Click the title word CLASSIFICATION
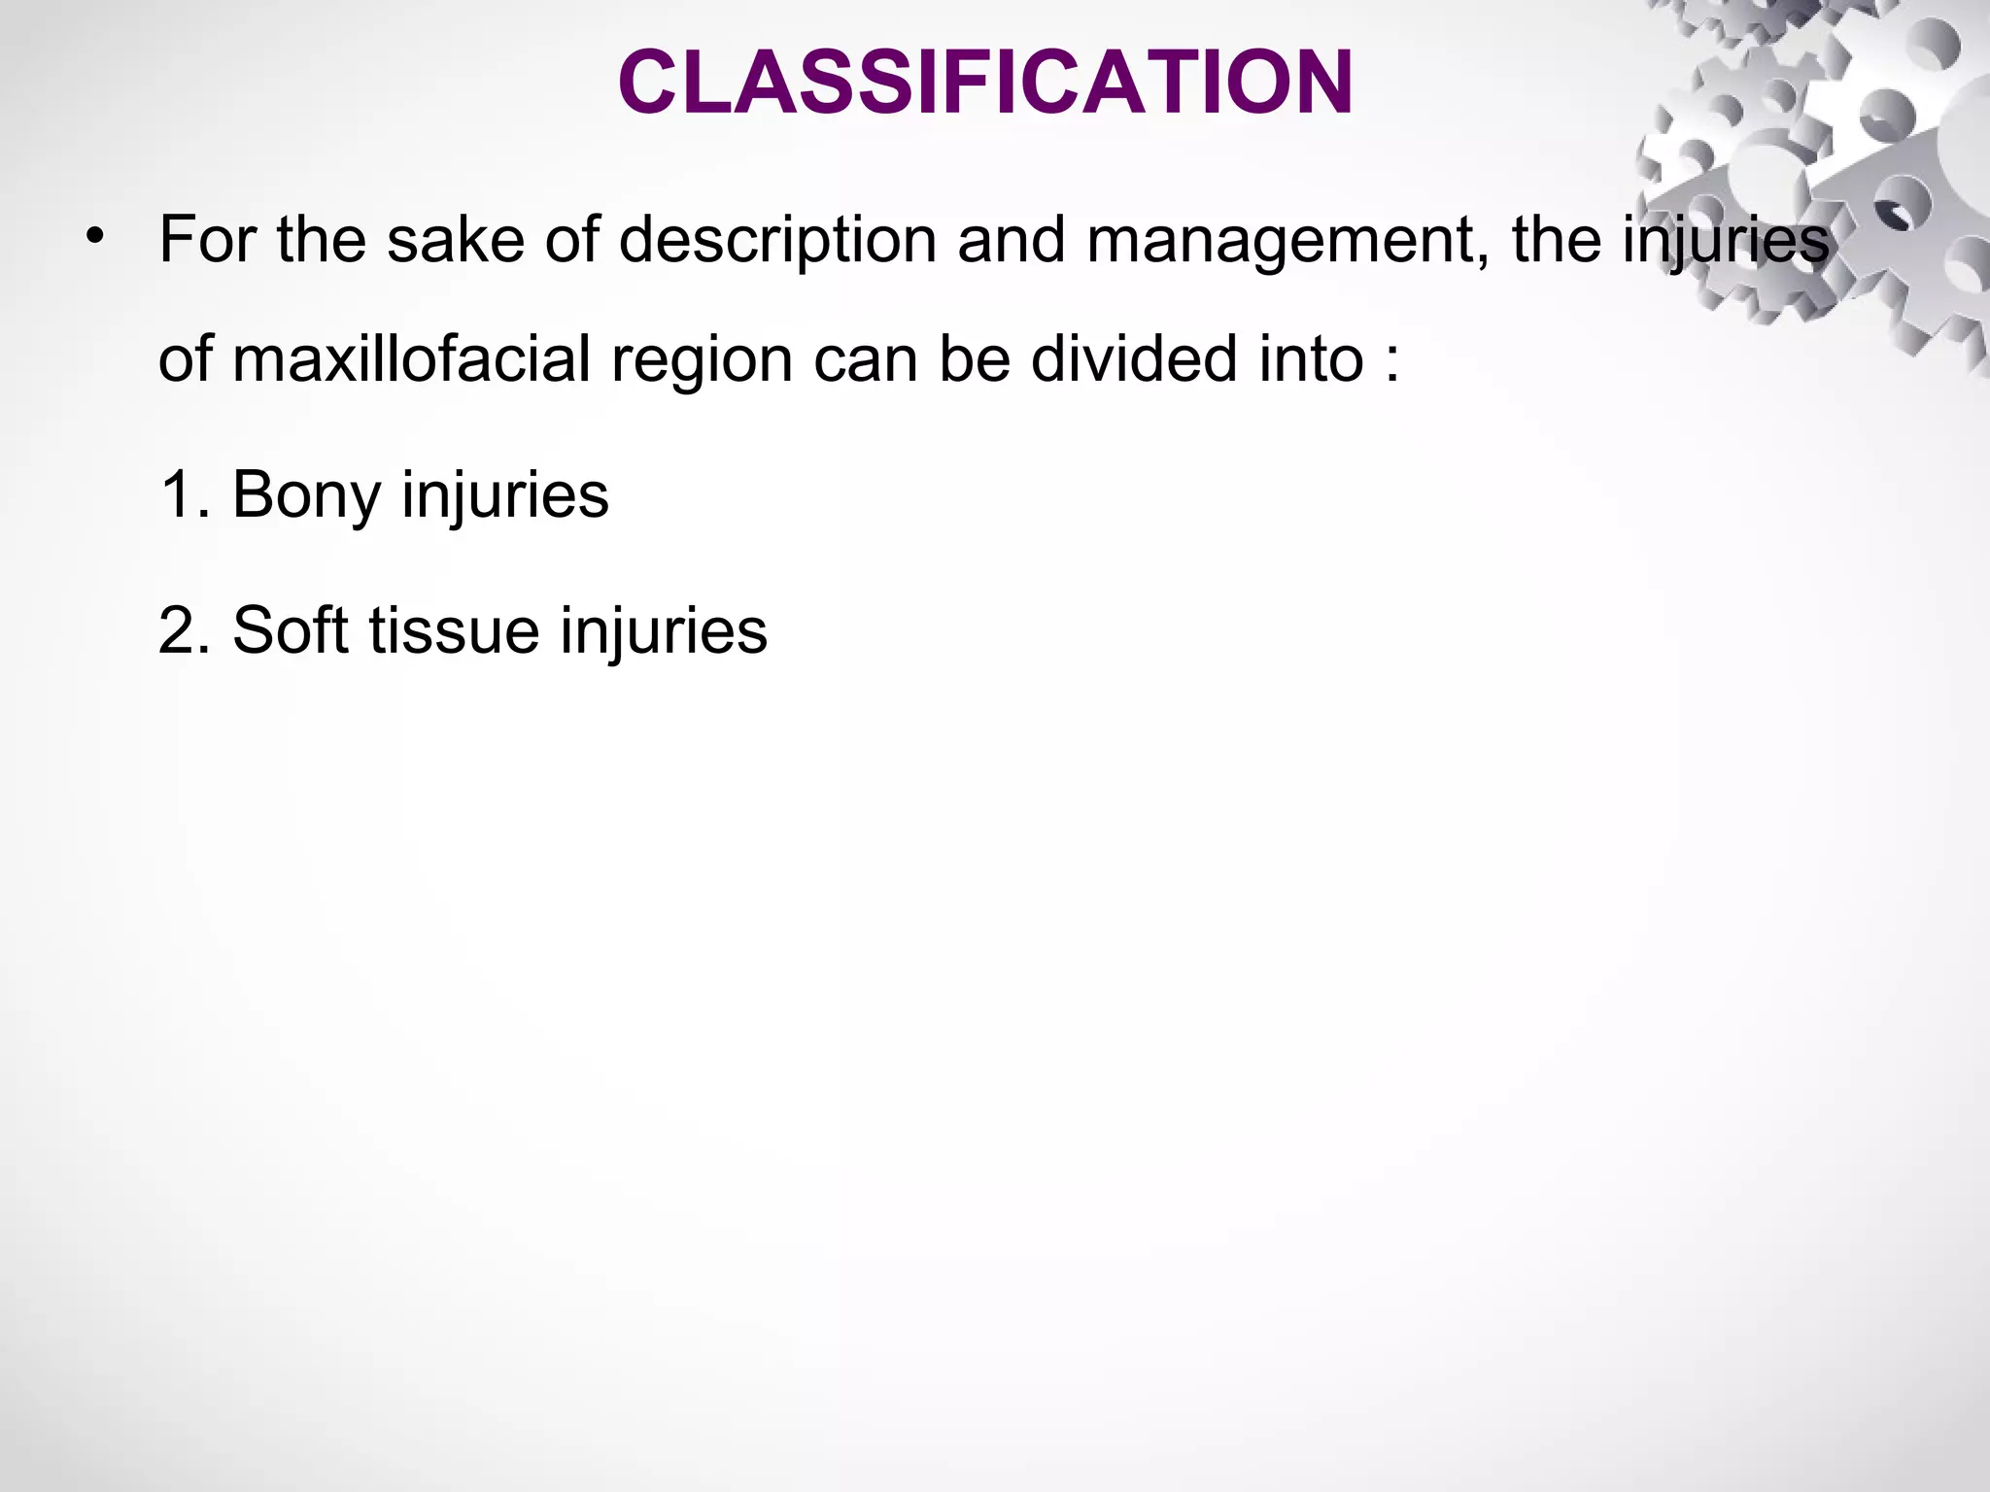pyautogui.click(x=985, y=84)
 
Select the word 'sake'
pyautogui.click(x=456, y=240)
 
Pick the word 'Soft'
pyautogui.click(x=291, y=630)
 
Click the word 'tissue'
pyautogui.click(x=454, y=630)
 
